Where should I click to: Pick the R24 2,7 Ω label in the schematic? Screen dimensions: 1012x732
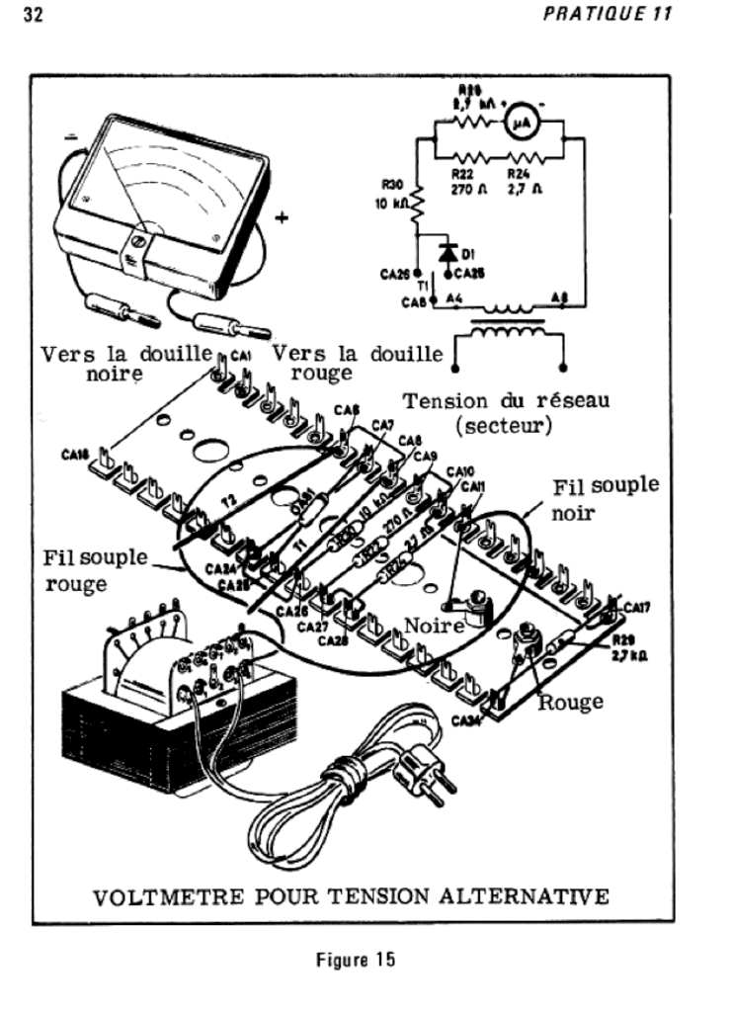click(x=525, y=178)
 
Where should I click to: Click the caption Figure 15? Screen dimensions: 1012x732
click(x=365, y=961)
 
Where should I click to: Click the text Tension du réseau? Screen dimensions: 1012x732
click(x=506, y=401)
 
